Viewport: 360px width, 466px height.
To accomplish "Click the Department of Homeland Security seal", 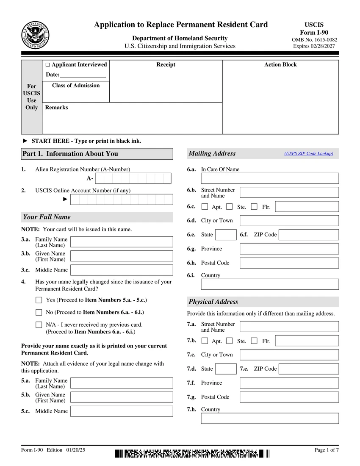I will tap(35, 35).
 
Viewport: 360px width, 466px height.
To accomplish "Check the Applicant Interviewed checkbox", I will tap(48, 65).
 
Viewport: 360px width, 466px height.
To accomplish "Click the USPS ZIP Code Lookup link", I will tap(309, 153).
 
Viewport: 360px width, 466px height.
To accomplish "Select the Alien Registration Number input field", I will tap(133, 178).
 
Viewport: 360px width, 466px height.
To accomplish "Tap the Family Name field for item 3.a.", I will tap(122, 242).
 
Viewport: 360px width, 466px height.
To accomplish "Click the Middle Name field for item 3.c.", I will tap(122, 270).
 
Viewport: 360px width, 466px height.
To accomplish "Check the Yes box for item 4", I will tap(39, 300).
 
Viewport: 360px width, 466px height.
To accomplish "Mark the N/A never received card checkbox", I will tap(39, 325).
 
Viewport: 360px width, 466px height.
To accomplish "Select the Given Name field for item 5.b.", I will tap(122, 397).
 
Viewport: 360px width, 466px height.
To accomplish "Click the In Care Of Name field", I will tap(270, 178).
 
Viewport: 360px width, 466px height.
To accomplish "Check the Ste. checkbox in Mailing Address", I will tap(230, 207).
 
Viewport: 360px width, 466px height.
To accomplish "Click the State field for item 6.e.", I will tap(226, 235).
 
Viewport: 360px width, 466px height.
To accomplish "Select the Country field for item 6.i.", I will tap(270, 284).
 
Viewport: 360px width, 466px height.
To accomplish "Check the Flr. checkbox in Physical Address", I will tap(254, 341).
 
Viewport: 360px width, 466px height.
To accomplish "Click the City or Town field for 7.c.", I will tap(289, 355).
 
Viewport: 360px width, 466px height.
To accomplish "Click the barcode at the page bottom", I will tap(192, 454).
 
